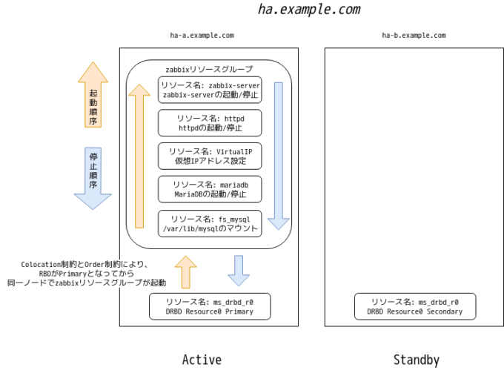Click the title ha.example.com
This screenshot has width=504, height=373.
[309, 10]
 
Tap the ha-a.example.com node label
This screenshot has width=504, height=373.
[202, 35]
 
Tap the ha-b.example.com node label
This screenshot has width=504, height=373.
[414, 35]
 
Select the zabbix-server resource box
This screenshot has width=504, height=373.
[210, 90]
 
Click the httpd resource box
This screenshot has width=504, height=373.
[210, 123]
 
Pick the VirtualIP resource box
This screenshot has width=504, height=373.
[210, 156]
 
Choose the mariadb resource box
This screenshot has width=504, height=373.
[210, 189]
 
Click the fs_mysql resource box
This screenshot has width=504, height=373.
[210, 223]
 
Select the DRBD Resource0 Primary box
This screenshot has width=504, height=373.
[210, 307]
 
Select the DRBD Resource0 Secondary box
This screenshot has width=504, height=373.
[414, 307]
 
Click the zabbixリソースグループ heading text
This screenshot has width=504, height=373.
[208, 69]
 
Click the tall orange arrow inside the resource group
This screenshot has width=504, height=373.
[139, 156]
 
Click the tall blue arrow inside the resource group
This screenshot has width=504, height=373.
[279, 156]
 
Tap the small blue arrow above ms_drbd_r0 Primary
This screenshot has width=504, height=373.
[238, 271]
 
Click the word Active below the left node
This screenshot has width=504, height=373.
[202, 360]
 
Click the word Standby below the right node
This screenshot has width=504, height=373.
[416, 360]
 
